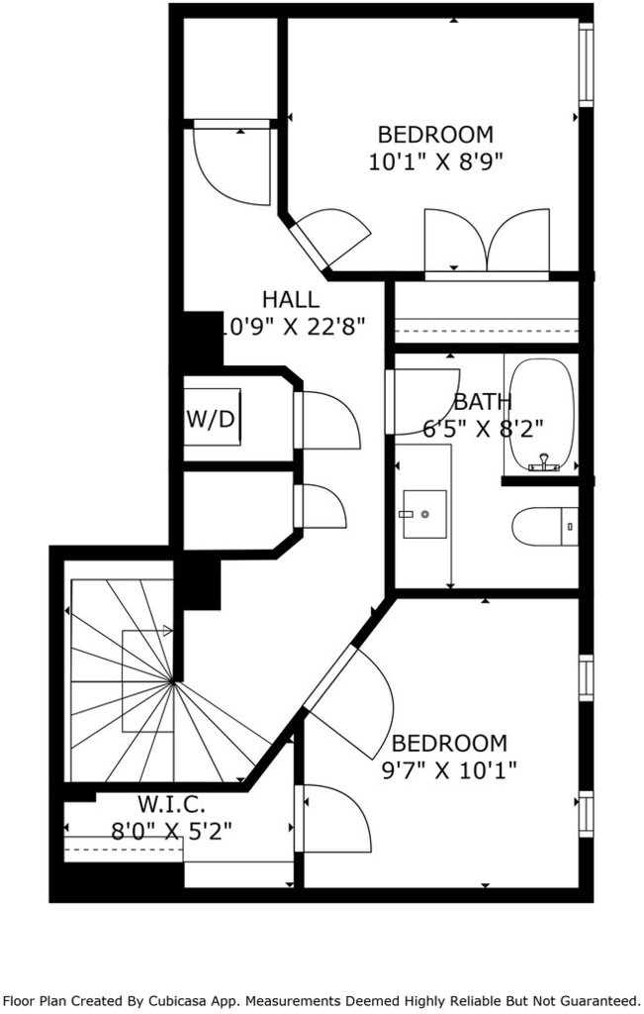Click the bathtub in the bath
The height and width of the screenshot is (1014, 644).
[541, 414]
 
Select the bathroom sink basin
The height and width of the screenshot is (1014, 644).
[424, 514]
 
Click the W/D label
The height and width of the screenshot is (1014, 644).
[211, 419]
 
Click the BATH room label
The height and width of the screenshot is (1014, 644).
[483, 402]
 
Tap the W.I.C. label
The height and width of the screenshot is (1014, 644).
[171, 804]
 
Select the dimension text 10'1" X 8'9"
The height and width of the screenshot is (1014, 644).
[435, 161]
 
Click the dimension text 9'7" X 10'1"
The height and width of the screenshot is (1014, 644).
[449, 770]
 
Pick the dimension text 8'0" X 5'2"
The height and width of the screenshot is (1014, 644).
[171, 831]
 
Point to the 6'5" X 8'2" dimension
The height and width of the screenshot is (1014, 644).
[483, 428]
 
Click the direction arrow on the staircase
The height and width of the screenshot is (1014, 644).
[147, 631]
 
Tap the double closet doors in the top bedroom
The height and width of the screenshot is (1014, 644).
[487, 241]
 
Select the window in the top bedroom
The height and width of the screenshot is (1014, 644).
[586, 64]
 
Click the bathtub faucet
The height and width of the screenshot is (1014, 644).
[544, 463]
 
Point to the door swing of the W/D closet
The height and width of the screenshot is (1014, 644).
[327, 420]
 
